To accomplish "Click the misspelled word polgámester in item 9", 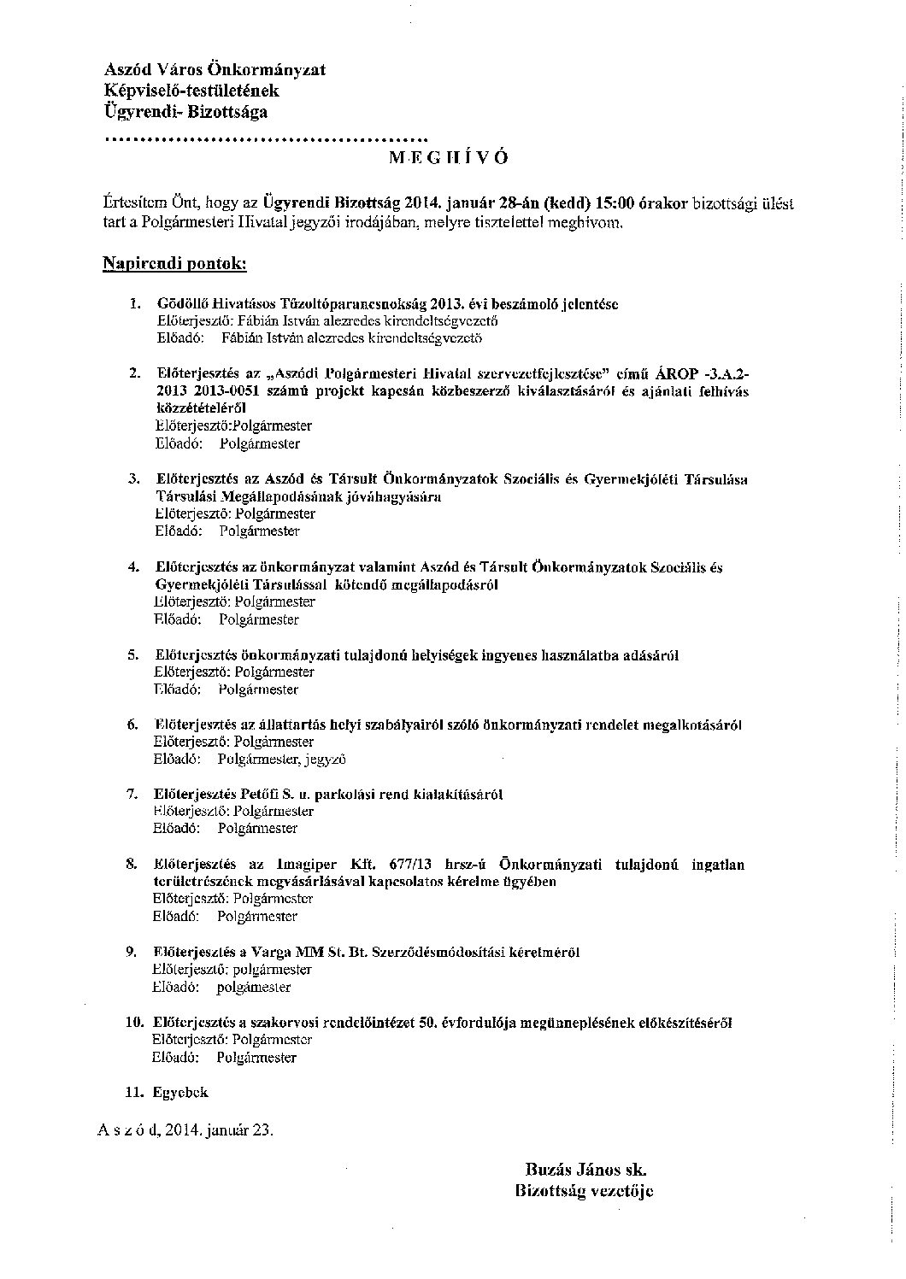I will (x=254, y=987).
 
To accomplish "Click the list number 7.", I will (x=132, y=794).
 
